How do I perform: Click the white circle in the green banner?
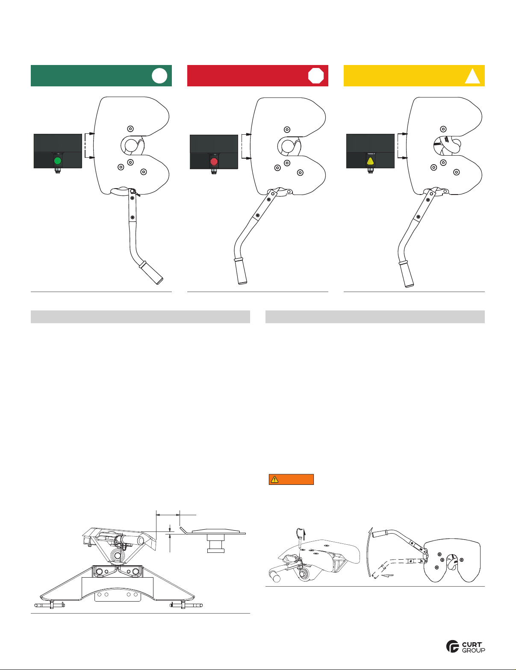point(159,76)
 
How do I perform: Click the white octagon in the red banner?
point(316,76)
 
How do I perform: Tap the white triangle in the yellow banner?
point(472,76)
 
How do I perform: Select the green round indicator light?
point(58,161)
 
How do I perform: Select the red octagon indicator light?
point(214,161)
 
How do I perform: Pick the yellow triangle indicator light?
point(370,161)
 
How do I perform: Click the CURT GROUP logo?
point(466,646)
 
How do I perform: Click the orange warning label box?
point(291,479)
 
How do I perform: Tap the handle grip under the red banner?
point(240,272)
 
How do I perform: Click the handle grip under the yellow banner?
point(406,274)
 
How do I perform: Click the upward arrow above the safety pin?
point(304,534)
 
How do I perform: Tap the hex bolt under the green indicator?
point(58,170)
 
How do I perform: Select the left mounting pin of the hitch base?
point(50,605)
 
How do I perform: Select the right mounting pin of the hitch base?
point(186,605)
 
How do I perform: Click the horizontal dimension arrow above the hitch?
point(168,514)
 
